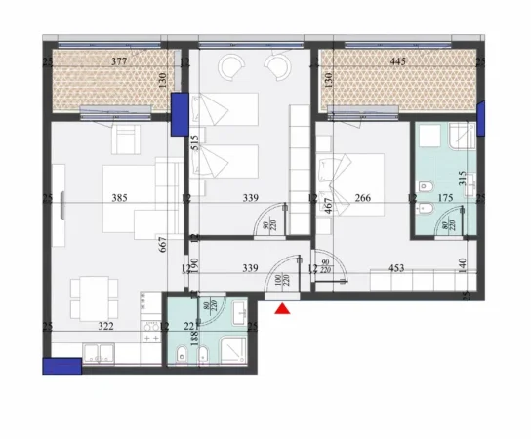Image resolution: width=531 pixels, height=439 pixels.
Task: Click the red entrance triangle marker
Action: (x=283, y=309)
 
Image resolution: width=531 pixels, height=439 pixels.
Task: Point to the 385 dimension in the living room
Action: (x=120, y=199)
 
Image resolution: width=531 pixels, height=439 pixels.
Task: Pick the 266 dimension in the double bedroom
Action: (x=362, y=199)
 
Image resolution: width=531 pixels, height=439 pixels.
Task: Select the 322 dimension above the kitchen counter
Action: (x=105, y=327)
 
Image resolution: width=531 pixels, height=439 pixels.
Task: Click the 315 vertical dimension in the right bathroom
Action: (x=463, y=179)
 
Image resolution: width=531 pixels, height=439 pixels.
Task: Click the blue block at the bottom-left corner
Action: (x=61, y=366)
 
